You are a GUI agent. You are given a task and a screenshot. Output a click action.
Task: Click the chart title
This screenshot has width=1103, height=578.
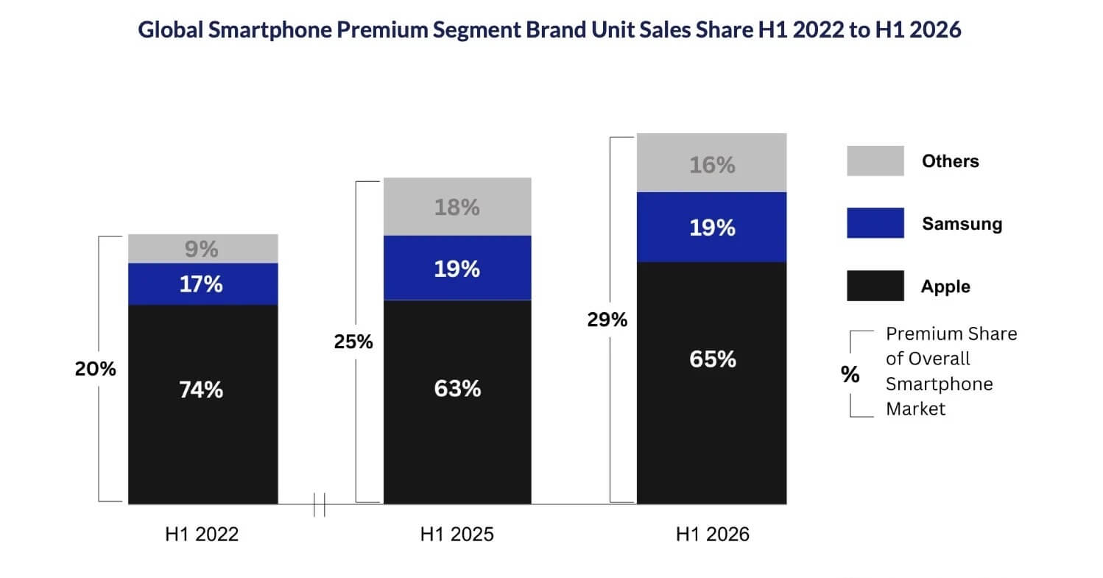[549, 29]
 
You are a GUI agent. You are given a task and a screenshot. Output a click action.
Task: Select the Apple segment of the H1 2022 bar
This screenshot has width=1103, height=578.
[203, 404]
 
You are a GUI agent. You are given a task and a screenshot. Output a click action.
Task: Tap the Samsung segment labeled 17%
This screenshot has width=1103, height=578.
[203, 284]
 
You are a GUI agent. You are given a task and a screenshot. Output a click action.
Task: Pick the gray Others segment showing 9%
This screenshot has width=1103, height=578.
[203, 249]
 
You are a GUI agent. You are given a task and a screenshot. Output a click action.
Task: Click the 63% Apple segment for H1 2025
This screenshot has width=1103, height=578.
[457, 402]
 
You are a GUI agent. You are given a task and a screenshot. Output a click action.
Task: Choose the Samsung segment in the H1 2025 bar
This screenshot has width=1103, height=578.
[457, 268]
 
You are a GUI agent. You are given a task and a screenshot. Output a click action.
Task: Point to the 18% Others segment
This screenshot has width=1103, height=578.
[457, 207]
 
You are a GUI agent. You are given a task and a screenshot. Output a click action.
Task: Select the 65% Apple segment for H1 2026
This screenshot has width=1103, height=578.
[711, 383]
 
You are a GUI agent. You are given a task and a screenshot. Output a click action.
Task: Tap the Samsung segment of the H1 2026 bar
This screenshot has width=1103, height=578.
[711, 227]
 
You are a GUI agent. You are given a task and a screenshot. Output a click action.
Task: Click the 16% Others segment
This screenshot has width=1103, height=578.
[711, 163]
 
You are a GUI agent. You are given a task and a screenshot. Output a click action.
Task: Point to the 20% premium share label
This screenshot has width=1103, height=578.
[96, 369]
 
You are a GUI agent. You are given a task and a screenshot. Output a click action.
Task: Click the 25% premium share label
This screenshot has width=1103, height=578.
[353, 342]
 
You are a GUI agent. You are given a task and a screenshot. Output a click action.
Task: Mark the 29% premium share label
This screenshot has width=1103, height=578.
[607, 320]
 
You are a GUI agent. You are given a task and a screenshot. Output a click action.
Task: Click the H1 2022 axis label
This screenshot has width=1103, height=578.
[202, 534]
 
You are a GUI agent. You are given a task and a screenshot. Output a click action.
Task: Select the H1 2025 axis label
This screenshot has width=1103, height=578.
[457, 534]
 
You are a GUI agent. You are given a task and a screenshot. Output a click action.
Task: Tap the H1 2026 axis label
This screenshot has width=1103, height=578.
[713, 534]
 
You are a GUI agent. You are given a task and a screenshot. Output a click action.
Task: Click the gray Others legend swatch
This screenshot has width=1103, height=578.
[875, 161]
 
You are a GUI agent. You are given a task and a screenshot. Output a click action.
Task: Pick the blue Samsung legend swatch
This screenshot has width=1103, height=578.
[875, 223]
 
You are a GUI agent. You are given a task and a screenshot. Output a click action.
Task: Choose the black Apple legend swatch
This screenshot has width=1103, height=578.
[875, 286]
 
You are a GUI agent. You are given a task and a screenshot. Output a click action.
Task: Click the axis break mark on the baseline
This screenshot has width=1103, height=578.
[320, 504]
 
